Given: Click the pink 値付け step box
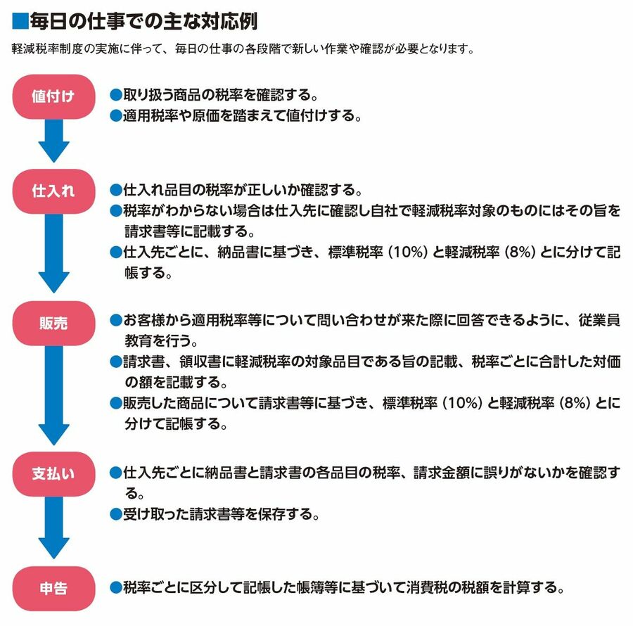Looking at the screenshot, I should (x=53, y=96).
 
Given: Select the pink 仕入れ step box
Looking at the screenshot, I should (x=53, y=191).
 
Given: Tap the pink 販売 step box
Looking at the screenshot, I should (x=53, y=323).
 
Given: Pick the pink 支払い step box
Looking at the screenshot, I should (x=53, y=473).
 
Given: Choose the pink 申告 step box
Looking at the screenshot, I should (x=53, y=588).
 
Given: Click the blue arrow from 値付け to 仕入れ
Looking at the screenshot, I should (x=53, y=141).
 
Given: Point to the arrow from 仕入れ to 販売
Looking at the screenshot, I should (x=53, y=253).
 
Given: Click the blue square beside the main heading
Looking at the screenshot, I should (x=20, y=22).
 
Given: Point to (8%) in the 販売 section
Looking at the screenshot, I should (x=574, y=404).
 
